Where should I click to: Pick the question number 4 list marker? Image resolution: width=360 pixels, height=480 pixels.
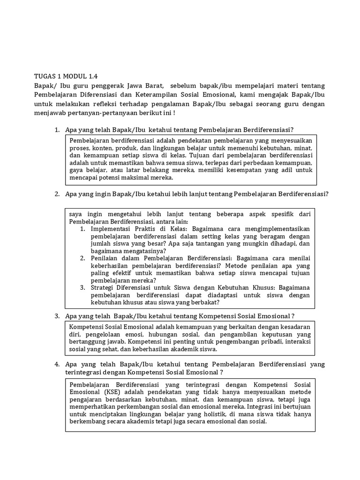(x=57, y=364)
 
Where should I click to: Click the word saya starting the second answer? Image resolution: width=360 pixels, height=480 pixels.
(x=75, y=214)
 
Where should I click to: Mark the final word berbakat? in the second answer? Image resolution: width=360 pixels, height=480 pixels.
(x=191, y=303)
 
